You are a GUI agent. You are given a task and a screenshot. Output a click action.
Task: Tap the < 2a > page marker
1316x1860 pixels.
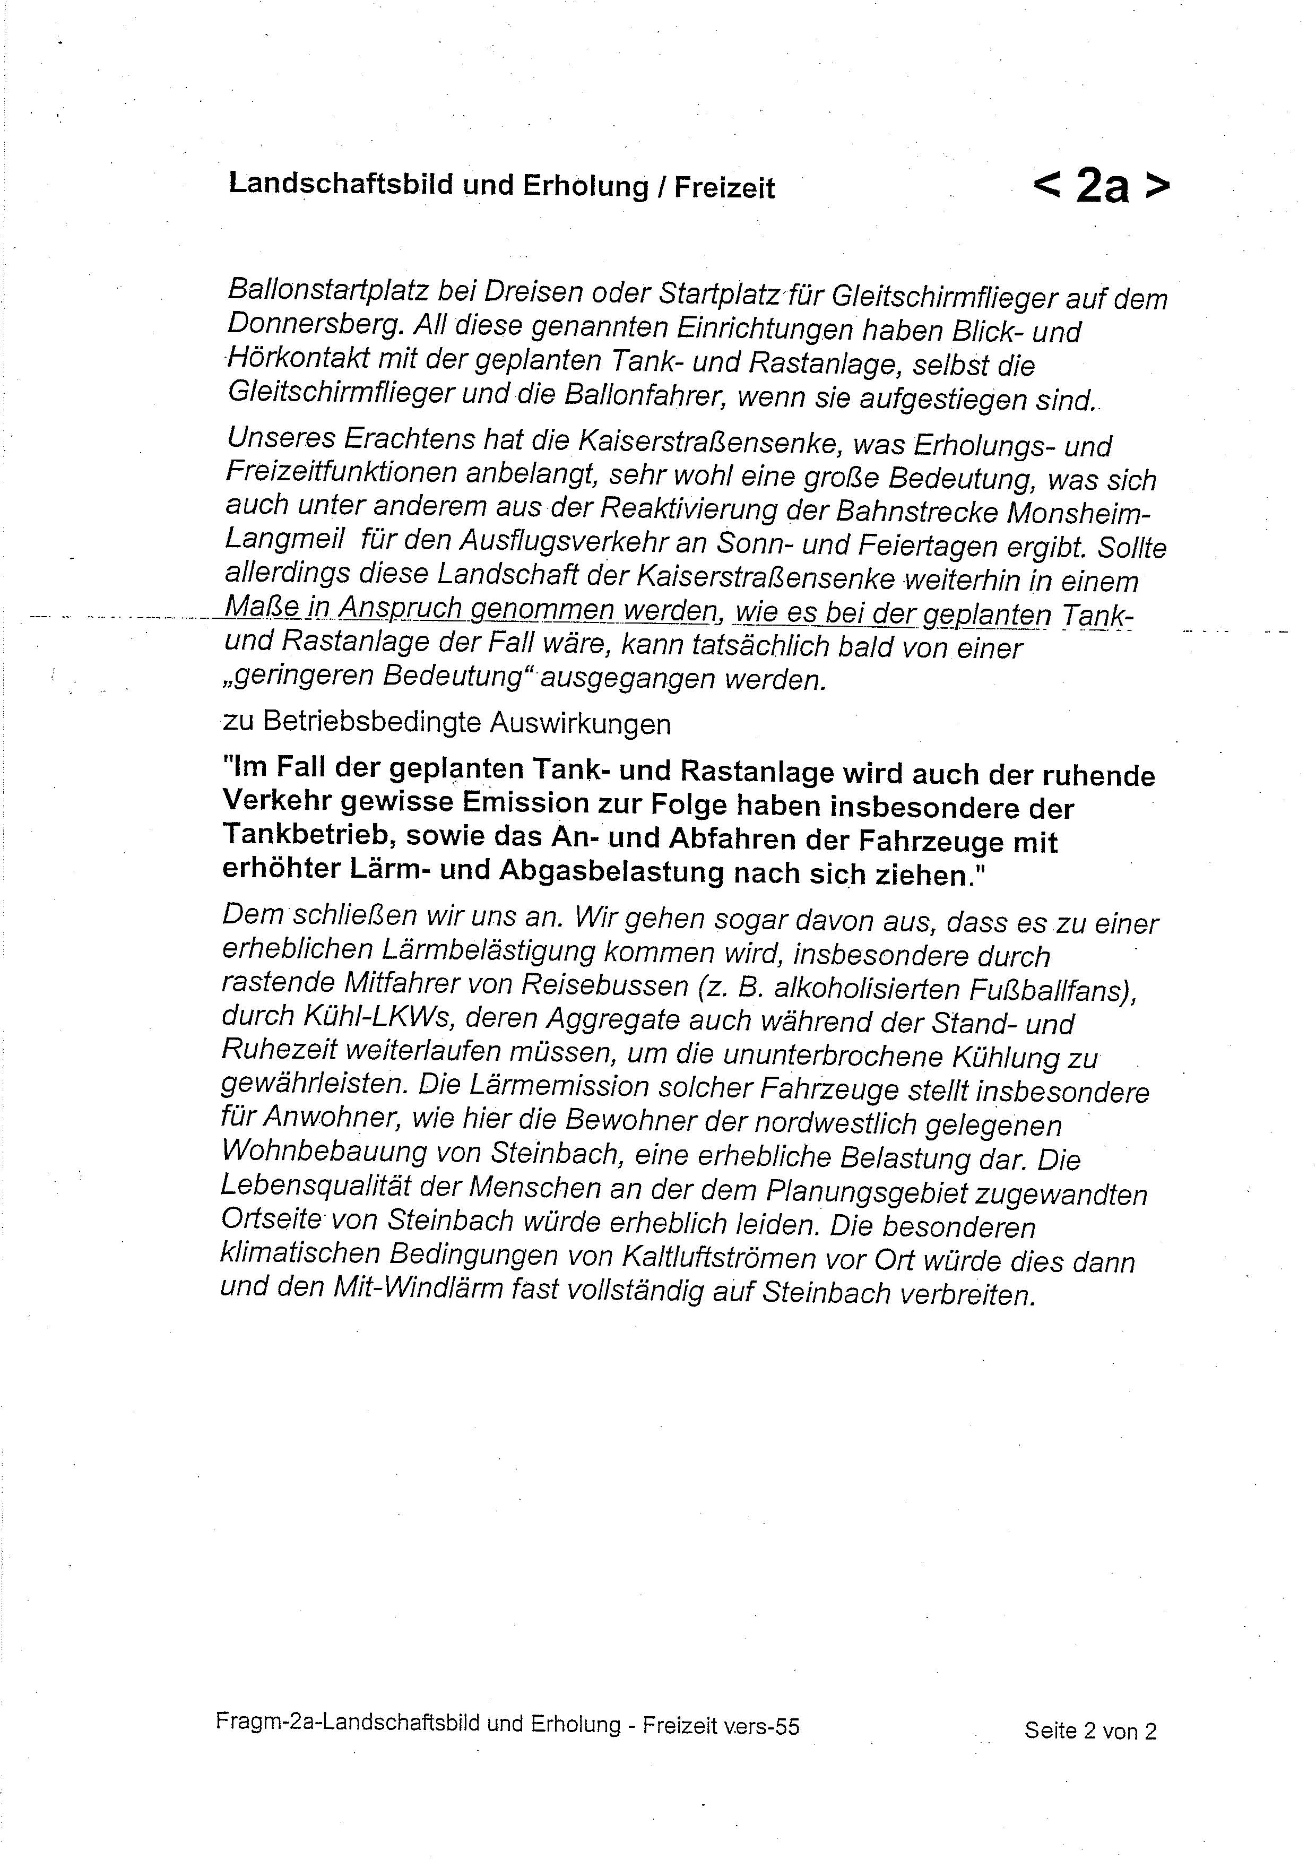click(1102, 186)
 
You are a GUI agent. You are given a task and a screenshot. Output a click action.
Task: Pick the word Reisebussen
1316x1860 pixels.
click(603, 987)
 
